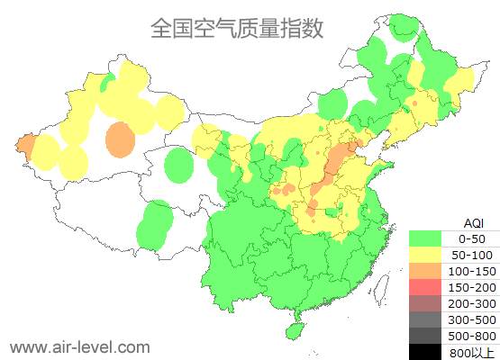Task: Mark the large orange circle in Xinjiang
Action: click(120, 140)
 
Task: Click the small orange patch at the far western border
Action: click(25, 146)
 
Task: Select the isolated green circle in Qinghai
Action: click(180, 166)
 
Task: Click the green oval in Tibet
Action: click(157, 225)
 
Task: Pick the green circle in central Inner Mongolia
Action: click(332, 103)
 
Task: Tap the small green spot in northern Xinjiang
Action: click(107, 83)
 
